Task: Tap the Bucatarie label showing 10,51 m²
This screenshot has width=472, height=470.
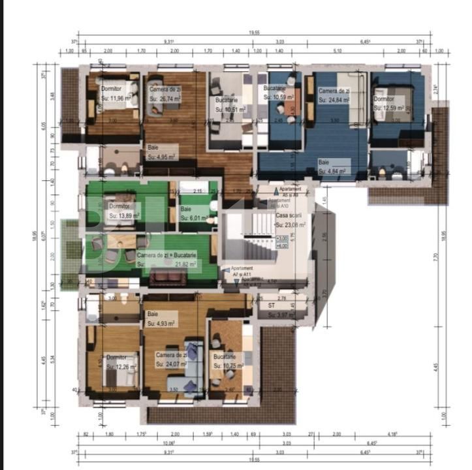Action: pos(230,105)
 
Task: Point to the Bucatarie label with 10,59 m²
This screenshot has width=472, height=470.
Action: pos(279,92)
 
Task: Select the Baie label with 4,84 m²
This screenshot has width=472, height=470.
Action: pos(334,166)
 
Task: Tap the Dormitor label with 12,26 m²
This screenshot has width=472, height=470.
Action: pos(121,362)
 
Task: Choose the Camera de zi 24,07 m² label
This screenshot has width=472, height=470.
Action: pos(171,360)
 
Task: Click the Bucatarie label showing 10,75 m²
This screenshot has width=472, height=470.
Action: pos(228,362)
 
